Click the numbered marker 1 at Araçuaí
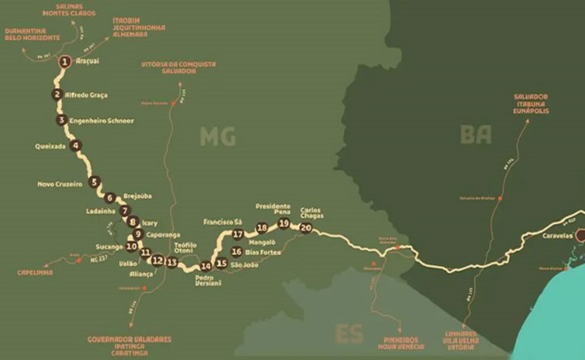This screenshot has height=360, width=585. (65, 61)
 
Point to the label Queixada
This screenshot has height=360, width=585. (50, 145)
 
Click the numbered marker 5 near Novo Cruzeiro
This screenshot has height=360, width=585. (93, 182)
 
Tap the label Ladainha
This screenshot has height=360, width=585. (100, 210)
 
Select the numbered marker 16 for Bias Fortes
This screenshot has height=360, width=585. (236, 251)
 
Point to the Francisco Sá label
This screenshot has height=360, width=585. (223, 222)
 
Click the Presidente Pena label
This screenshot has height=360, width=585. (273, 209)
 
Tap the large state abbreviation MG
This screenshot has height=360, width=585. (217, 137)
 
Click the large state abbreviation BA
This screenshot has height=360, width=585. (476, 134)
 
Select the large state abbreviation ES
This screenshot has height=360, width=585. (349, 333)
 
